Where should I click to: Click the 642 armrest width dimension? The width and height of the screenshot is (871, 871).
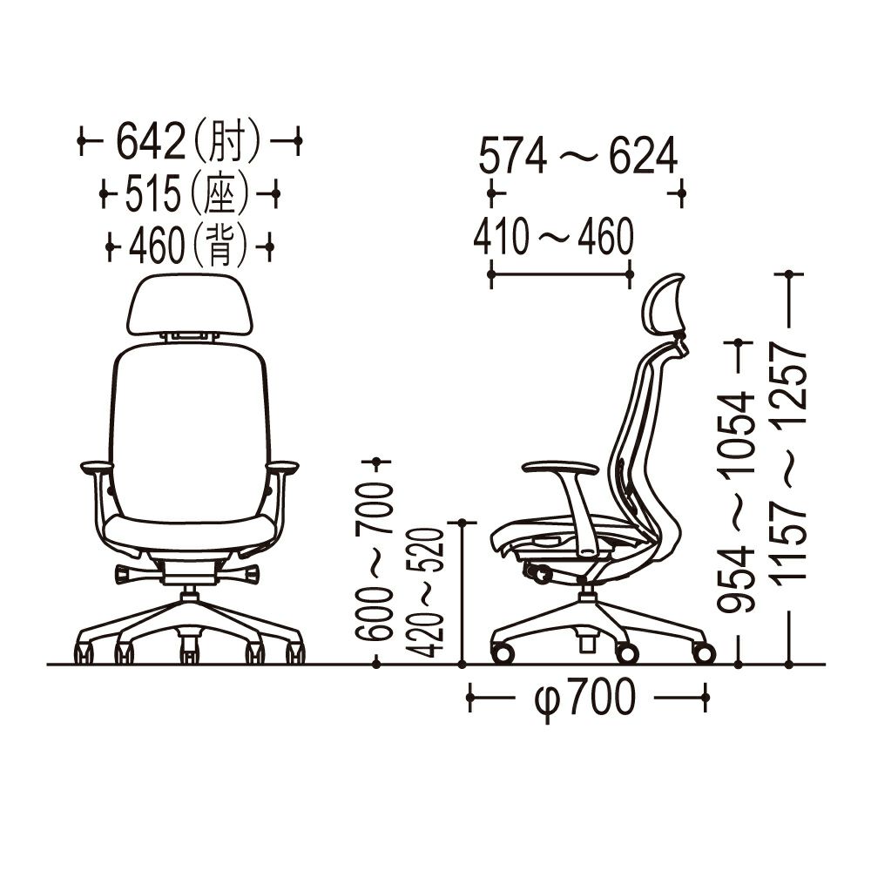tap(150, 141)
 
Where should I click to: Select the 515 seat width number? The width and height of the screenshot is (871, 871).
tap(153, 194)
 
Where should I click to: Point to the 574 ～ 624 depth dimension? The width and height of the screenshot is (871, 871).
tap(577, 156)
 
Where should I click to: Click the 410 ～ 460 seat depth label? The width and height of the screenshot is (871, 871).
tap(553, 237)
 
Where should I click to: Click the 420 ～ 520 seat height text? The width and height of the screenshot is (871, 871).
tap(425, 592)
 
